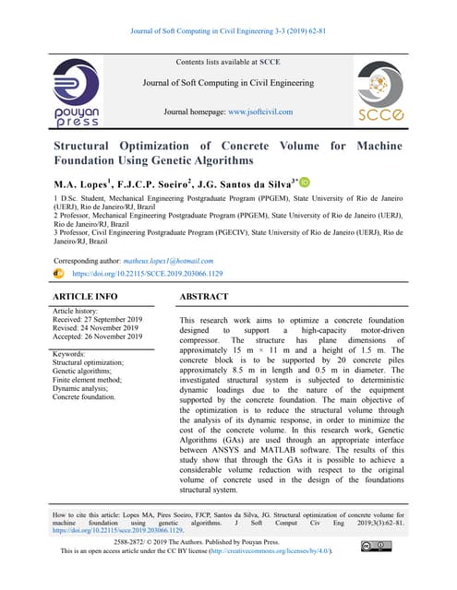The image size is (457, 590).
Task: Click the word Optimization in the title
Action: tap(172, 146)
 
